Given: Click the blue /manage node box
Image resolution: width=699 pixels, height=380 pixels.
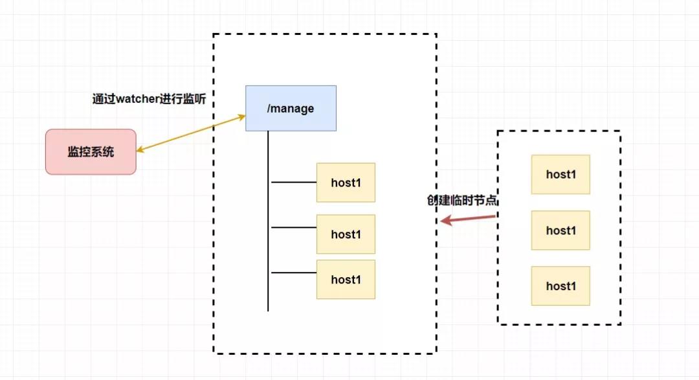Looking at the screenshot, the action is tap(291, 108).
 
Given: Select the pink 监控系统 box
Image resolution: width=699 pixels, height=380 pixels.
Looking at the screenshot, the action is tap(91, 151).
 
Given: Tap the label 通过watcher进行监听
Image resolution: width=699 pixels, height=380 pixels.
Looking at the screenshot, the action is tap(150, 98).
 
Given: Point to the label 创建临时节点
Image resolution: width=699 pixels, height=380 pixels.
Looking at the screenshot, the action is tap(462, 200).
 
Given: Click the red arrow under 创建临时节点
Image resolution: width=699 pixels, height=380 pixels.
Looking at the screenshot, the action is tap(468, 219).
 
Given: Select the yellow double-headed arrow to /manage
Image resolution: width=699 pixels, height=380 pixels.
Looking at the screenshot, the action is tap(191, 133).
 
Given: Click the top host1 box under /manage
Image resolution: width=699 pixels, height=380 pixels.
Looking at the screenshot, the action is tap(346, 183).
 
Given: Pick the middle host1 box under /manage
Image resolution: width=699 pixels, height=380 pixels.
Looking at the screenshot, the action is tap(346, 234).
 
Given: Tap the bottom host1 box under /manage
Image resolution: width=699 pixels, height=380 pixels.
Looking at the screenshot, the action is tap(346, 279).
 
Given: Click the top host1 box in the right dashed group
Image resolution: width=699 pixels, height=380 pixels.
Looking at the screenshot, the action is tap(560, 174).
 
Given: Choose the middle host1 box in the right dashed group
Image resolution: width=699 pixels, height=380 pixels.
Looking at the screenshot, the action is tap(560, 230).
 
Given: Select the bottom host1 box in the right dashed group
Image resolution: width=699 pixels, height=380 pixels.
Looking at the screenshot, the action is tap(560, 286).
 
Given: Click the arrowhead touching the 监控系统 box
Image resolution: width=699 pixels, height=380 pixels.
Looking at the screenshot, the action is tap(140, 150).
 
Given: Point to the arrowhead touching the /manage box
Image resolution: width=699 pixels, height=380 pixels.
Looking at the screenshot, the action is tap(242, 117).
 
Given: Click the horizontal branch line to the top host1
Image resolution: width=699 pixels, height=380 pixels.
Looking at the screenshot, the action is tap(294, 183).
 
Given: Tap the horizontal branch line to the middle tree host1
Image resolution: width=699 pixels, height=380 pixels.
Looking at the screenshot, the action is tap(294, 227).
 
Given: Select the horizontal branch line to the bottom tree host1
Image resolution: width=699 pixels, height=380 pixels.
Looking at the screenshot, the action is tap(294, 273).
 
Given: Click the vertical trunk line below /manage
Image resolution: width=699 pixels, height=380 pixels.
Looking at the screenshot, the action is tap(268, 221).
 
